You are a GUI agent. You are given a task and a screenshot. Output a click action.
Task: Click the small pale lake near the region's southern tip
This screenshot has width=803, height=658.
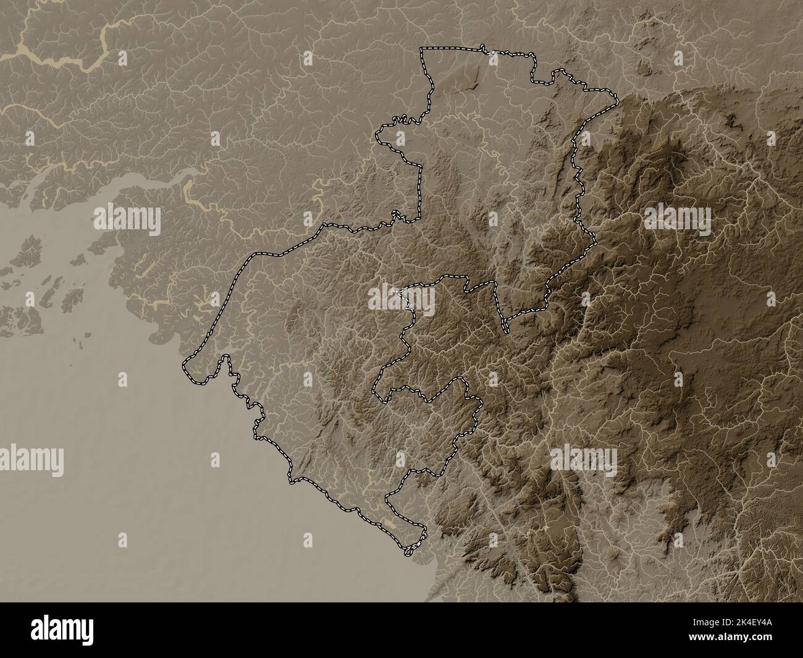(388, 524)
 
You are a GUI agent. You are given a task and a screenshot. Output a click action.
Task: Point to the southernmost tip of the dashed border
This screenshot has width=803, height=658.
(409, 554)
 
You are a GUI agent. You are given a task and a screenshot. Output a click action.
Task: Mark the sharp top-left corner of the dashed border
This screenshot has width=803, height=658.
(423, 49)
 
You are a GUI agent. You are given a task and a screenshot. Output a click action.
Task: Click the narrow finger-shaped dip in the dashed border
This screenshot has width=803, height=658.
(505, 326)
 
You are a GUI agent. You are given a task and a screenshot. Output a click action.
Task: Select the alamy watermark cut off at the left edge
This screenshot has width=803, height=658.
(31, 459)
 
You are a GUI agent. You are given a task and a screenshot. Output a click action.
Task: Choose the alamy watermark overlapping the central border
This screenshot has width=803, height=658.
(402, 298)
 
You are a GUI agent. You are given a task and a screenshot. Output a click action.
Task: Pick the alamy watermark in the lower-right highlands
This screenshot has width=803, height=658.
(583, 459)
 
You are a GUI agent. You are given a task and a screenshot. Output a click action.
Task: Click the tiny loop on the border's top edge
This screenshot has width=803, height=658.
(482, 47)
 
